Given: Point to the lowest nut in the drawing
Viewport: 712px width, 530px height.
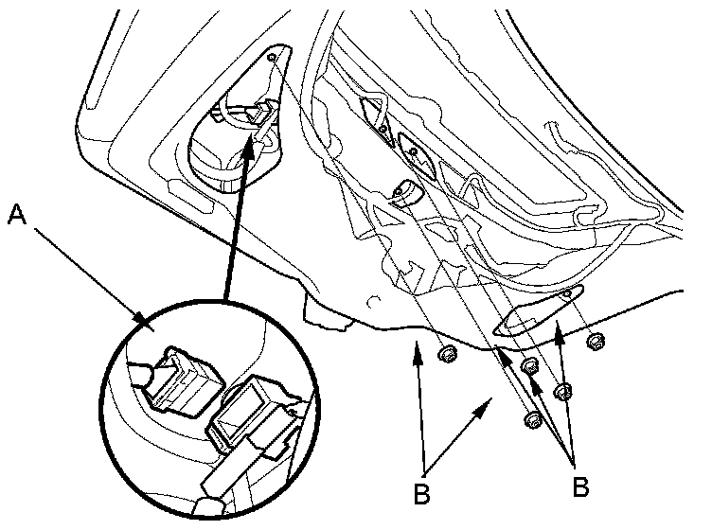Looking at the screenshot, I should pyautogui.click(x=532, y=417).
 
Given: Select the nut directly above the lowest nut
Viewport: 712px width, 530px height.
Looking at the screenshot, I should pyautogui.click(x=531, y=364).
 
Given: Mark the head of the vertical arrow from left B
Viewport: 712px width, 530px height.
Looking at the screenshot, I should pyautogui.click(x=418, y=352).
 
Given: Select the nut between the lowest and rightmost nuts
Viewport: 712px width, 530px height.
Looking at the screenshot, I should pyautogui.click(x=563, y=390).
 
